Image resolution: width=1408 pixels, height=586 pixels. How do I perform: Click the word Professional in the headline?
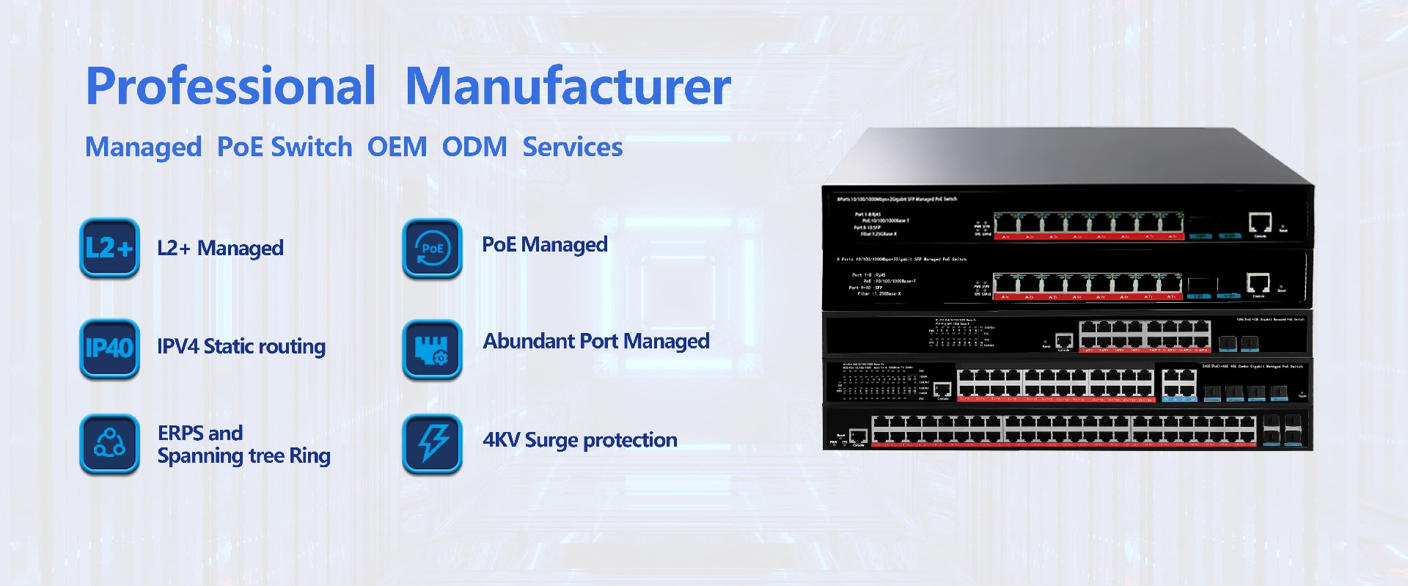coord(231,87)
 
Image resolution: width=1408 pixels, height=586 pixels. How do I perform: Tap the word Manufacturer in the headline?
coord(568,87)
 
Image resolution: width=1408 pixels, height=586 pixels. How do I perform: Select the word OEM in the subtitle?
coord(397,147)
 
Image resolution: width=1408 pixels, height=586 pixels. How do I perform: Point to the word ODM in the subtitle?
coord(474,147)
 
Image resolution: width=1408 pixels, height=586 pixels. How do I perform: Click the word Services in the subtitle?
coord(572,147)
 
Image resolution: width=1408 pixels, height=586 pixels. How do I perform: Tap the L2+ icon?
coord(109,248)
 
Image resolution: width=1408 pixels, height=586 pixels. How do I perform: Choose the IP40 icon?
coord(109,348)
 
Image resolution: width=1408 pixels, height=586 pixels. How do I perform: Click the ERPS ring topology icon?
coord(109,443)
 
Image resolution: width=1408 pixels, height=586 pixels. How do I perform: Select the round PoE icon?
coord(433,248)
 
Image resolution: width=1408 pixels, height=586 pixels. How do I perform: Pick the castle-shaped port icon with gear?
coord(433,348)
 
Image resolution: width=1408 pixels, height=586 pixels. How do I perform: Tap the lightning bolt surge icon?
coord(433,443)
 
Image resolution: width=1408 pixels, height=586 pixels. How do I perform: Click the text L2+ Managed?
coord(220,249)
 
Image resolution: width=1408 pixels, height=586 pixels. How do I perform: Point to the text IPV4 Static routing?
coord(241,346)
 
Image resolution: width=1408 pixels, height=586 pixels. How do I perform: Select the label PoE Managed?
coord(544,244)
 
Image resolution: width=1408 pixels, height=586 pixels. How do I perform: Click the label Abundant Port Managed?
coord(595,341)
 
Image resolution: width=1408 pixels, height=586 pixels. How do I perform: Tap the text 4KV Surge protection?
coord(579,440)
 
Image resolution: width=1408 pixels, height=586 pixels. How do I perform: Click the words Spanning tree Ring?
coord(243,456)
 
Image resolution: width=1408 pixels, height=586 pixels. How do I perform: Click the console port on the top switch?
coord(1260,221)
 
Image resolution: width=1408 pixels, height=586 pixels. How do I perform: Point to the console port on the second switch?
coord(1258,282)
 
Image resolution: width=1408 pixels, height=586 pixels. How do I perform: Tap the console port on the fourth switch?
coord(942,389)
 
